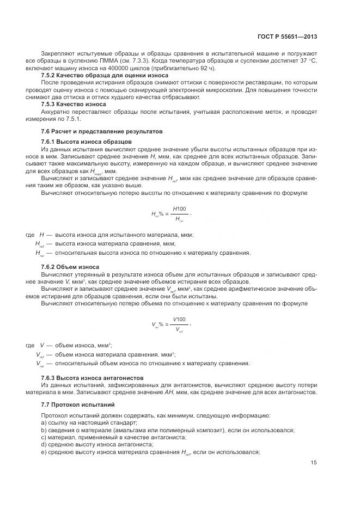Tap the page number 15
pos(314,463)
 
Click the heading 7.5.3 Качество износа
pos(74,103)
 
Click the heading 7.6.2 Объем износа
pos(70,267)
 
